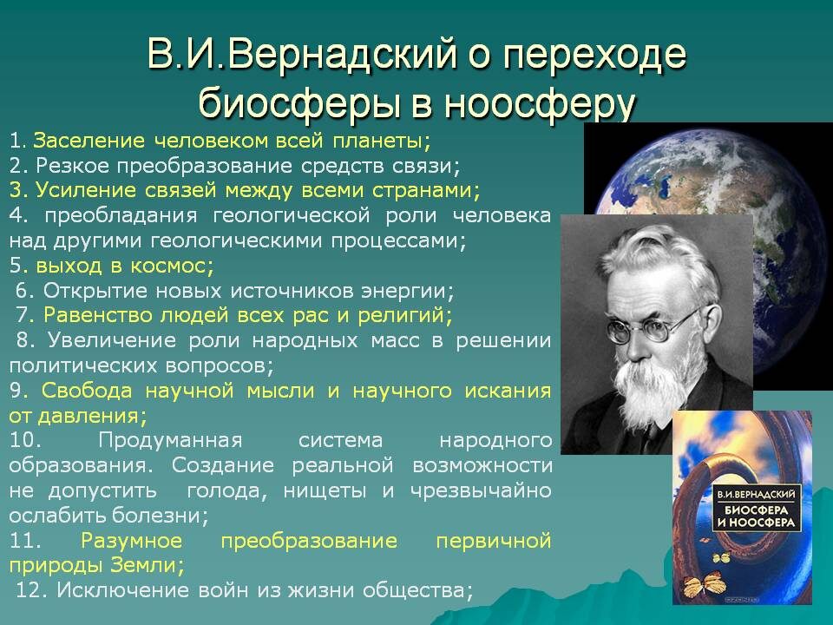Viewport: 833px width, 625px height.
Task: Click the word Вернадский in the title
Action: pos(344,54)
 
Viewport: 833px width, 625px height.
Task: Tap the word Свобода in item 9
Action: pos(87,391)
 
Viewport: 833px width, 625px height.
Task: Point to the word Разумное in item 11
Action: pos(131,541)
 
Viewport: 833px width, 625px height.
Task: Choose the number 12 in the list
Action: pos(30,590)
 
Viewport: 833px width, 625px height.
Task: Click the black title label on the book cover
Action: pos(756,509)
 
